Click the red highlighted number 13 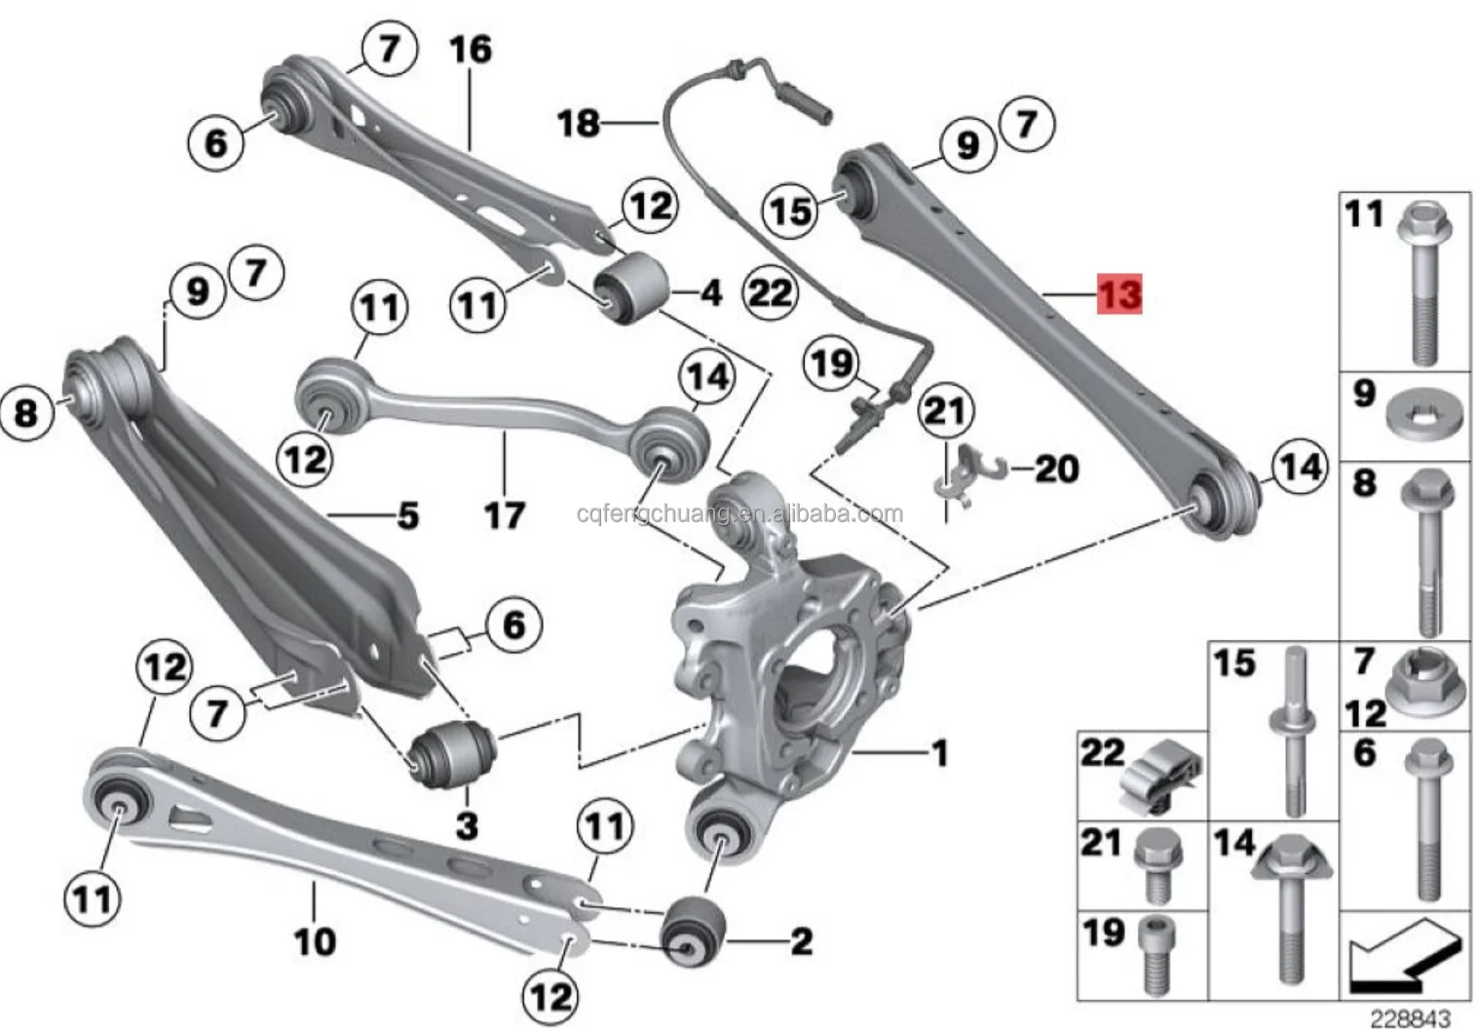click(1119, 293)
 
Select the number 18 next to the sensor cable click(578, 124)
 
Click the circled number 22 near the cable click(770, 291)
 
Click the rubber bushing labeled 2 click(693, 929)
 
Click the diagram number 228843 click(1410, 1017)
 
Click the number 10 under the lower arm click(315, 940)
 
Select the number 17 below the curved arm click(505, 514)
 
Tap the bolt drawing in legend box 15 click(1292, 731)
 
